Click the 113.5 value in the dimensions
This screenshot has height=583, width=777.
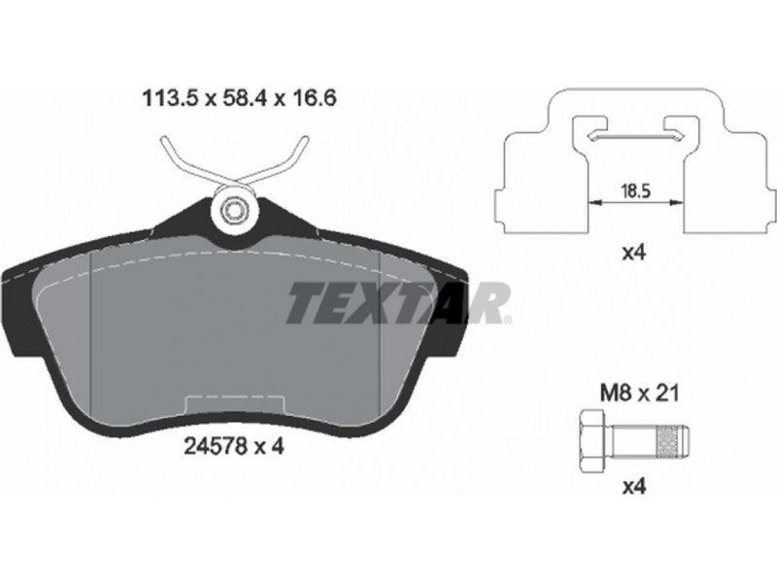(x=170, y=98)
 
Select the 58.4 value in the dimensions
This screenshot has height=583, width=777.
(x=246, y=98)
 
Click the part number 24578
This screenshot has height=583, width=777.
(x=215, y=447)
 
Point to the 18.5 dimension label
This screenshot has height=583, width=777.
(x=636, y=190)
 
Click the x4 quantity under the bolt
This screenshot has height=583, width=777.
(x=634, y=489)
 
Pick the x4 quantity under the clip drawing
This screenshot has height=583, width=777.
(x=634, y=254)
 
